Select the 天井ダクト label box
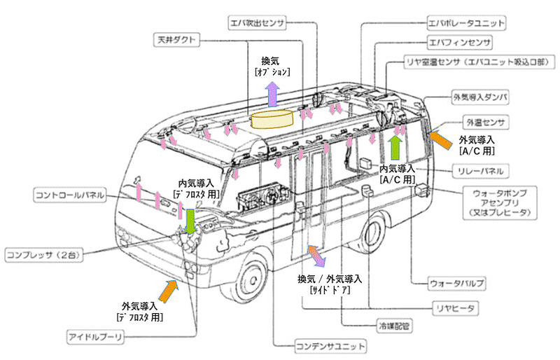click(x=178, y=41)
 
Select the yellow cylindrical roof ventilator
click(x=272, y=120)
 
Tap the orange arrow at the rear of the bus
click(x=439, y=137)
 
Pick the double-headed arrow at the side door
click(x=314, y=256)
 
